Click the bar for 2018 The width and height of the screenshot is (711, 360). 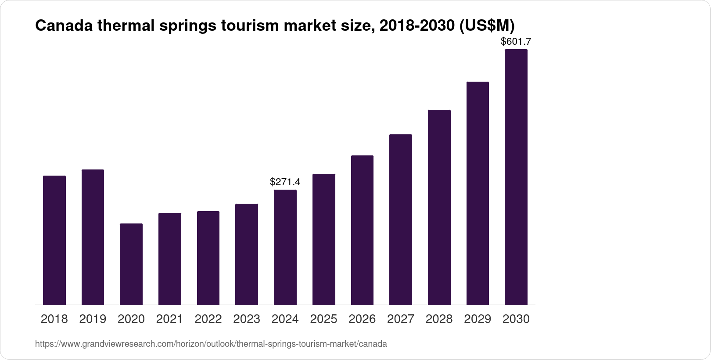tap(54, 240)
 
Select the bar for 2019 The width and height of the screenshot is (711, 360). tap(93, 237)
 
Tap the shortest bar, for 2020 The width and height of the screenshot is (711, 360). tap(131, 264)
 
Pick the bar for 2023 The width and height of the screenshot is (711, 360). tap(247, 254)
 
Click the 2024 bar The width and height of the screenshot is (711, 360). tap(285, 247)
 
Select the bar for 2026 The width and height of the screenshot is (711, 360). tap(362, 230)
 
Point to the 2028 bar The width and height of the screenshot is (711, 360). tap(439, 207)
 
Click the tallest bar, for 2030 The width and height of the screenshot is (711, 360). tap(516, 177)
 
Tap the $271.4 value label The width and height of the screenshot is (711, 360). tap(285, 182)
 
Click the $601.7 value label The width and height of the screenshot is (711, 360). tap(516, 42)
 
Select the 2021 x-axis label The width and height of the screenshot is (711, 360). tap(169, 319)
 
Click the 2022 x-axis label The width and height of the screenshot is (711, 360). tap(208, 319)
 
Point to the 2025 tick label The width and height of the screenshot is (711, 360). tap(323, 319)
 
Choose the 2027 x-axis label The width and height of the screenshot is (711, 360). tap(401, 319)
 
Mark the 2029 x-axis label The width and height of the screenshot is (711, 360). tap(478, 319)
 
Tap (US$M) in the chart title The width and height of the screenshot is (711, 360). tap(486, 26)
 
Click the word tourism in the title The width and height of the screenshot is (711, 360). tap(250, 26)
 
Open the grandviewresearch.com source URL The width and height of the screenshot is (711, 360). tap(211, 344)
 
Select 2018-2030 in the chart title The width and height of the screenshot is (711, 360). tap(417, 26)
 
